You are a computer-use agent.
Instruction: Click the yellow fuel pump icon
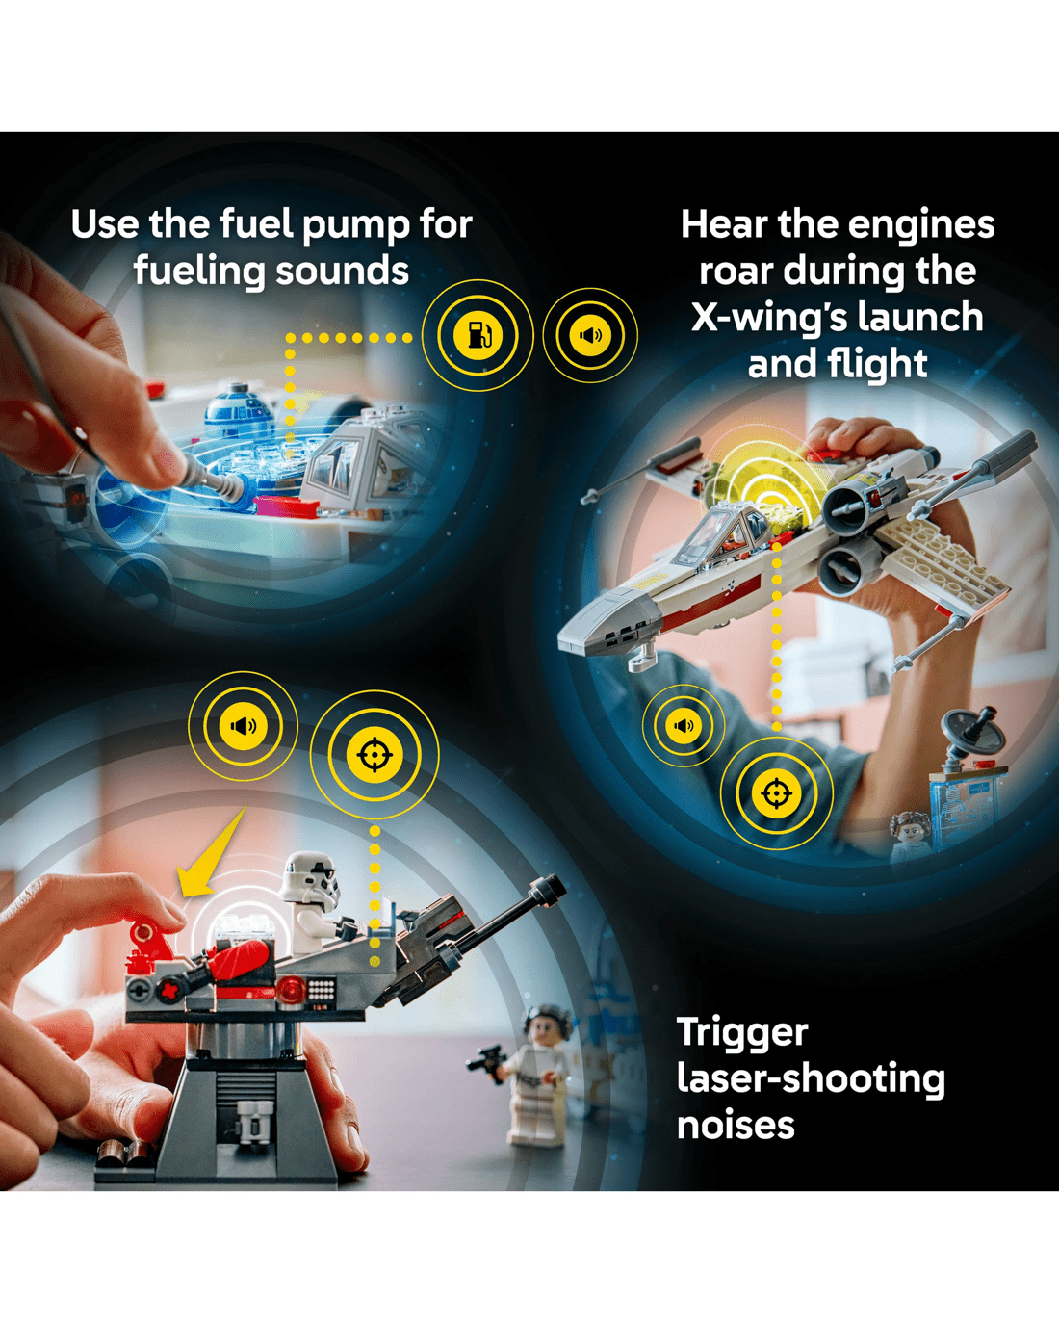478,335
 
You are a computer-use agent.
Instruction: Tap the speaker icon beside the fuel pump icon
590,335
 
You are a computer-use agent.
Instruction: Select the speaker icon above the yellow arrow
243,726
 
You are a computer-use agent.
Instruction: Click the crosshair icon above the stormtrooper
375,755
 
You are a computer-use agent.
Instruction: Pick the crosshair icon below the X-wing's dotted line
777,793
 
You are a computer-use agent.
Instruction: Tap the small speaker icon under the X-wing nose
684,726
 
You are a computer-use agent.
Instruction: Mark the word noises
736,1126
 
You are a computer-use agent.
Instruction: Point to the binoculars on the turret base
252,1122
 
